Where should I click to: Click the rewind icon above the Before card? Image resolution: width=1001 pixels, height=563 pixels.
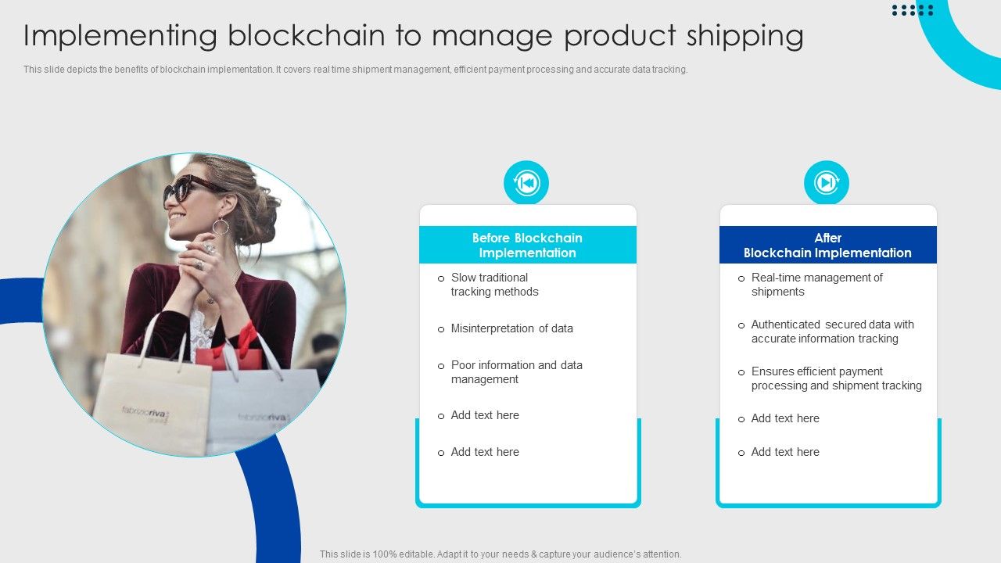(526, 183)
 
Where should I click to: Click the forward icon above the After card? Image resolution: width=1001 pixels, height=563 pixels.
(827, 183)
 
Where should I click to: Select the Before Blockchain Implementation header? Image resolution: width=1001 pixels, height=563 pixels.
(527, 245)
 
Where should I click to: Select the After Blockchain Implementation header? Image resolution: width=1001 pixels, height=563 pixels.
(827, 245)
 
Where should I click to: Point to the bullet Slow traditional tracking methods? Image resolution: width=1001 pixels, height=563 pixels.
(494, 285)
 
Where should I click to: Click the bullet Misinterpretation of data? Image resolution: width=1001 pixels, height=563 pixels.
(511, 328)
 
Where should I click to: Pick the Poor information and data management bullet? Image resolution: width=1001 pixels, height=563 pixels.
(516, 372)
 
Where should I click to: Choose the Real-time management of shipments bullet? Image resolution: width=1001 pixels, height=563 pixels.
(816, 285)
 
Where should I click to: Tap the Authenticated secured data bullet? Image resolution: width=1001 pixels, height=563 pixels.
(832, 332)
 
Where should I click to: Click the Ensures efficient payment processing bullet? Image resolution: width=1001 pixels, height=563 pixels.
(836, 378)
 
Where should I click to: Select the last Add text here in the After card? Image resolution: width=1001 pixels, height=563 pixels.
(785, 452)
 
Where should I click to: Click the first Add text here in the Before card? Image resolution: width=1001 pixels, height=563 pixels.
(485, 415)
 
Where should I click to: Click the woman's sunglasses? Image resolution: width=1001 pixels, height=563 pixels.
(188, 188)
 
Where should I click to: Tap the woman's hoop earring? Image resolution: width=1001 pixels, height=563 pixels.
(221, 227)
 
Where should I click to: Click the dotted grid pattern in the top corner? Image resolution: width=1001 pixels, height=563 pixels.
(913, 9)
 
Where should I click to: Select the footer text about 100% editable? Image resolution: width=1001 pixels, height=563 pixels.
(500, 554)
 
